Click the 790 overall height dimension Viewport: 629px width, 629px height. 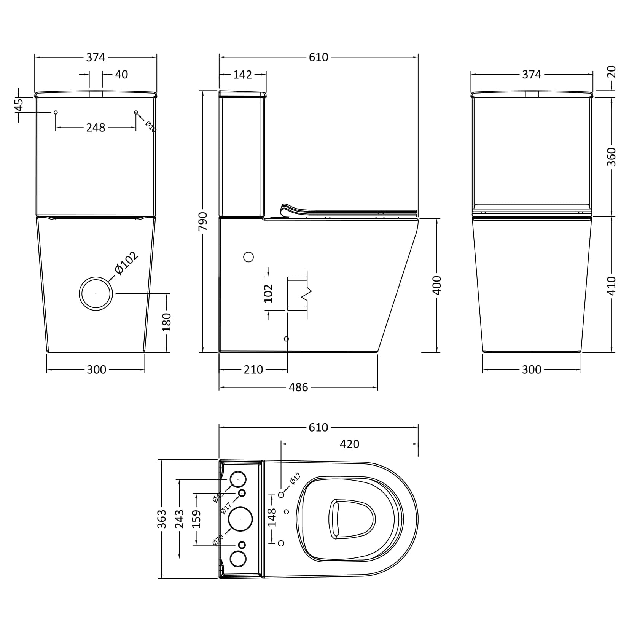click(203, 221)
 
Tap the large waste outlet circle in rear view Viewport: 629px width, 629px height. click(96, 293)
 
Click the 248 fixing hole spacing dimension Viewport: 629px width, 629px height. click(96, 127)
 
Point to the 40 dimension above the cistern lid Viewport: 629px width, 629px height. click(121, 75)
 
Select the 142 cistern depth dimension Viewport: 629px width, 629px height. click(242, 75)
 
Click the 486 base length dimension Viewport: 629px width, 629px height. click(298, 387)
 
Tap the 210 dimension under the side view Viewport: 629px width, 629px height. click(253, 369)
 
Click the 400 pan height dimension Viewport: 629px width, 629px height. click(437, 285)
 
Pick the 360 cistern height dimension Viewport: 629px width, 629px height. click(611, 156)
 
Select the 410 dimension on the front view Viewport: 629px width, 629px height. click(611, 285)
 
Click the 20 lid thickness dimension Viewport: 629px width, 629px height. click(611, 72)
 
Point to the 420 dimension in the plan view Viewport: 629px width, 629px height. click(349, 444)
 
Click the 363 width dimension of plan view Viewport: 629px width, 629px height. click(162, 519)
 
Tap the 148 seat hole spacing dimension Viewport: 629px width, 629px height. click(272, 518)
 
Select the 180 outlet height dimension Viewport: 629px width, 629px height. click(167, 322)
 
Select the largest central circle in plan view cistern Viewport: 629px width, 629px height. click(240, 519)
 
